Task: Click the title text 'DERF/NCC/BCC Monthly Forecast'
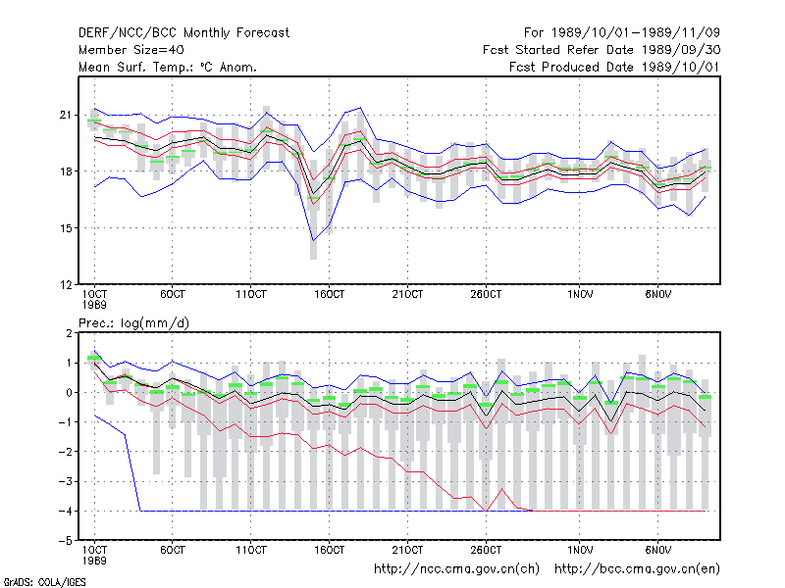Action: tap(183, 33)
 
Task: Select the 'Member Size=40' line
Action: tap(131, 50)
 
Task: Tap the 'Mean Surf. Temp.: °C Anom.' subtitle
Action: tap(167, 67)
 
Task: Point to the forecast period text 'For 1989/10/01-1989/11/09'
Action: tap(622, 33)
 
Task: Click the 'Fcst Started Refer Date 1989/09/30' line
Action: tap(602, 50)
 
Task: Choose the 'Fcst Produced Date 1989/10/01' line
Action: tap(615, 67)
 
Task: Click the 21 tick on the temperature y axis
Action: tap(66, 115)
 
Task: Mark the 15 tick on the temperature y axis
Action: tap(66, 228)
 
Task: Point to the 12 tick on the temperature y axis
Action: tap(66, 285)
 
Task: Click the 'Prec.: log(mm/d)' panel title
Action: tap(134, 323)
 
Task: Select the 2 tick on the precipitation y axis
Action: tap(69, 333)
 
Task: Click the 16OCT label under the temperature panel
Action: tap(330, 294)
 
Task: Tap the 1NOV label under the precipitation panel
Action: tap(580, 550)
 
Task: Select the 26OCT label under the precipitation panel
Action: tap(486, 550)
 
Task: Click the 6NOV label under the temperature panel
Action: tap(657, 294)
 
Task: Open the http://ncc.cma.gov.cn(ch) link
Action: tap(456, 569)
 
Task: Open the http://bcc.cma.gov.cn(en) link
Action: tap(637, 569)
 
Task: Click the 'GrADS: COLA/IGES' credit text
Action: tap(44, 582)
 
